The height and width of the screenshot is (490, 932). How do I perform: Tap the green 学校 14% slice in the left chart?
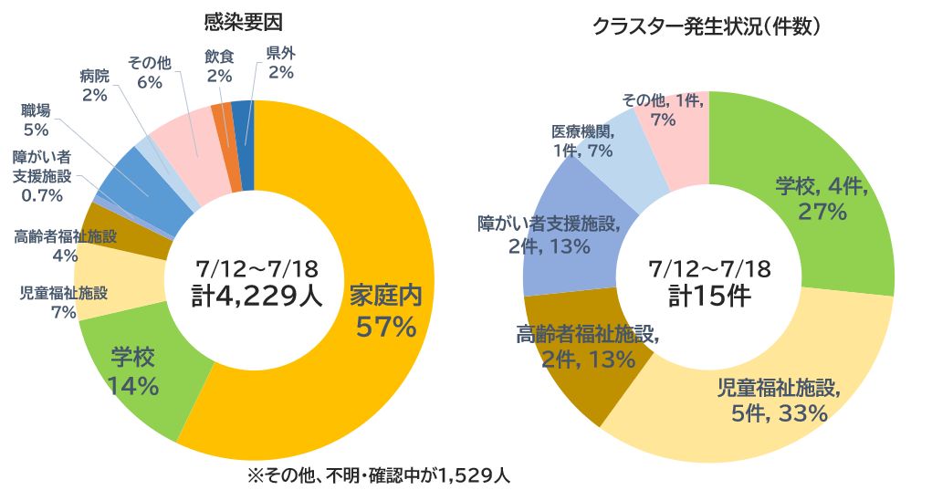coord(137,374)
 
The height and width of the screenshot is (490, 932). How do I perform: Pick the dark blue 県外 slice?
coord(244,137)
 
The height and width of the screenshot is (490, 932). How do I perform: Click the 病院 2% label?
coord(94,85)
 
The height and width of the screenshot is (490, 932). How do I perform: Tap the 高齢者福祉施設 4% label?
coord(66,245)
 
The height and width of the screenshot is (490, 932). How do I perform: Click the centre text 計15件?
coord(708,297)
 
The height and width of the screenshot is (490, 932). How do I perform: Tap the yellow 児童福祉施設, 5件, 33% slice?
coord(776,401)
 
